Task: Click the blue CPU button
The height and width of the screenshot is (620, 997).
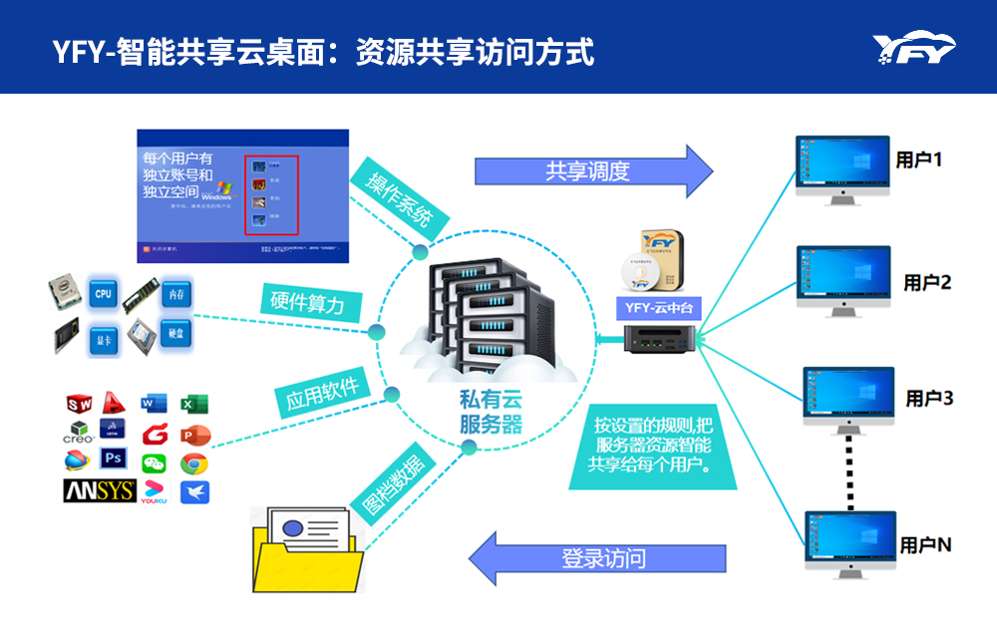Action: (103, 295)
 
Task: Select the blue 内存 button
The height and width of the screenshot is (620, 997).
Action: (175, 294)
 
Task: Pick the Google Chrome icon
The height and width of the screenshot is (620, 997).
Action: (194, 463)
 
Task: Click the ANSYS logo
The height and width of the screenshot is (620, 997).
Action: (99, 490)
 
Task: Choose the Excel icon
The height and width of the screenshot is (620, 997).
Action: (193, 404)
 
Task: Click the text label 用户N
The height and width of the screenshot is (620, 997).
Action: (925, 545)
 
